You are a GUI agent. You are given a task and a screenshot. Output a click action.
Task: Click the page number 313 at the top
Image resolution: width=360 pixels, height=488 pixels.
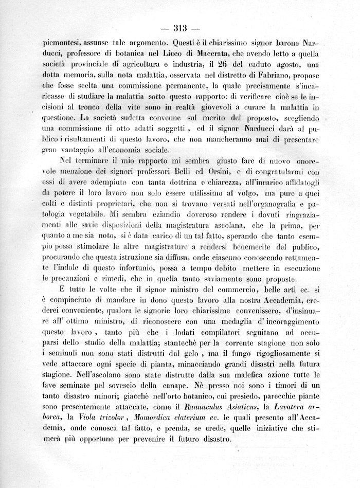(179, 28)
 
